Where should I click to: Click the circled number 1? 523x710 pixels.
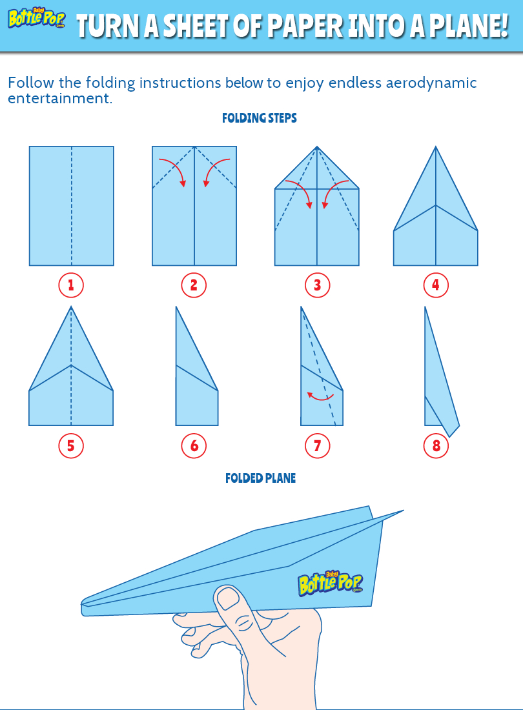(x=71, y=285)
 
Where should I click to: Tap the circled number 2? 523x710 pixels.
(x=194, y=285)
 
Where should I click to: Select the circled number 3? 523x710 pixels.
(x=316, y=285)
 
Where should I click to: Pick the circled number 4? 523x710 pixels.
(x=436, y=285)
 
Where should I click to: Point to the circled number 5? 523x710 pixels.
(x=71, y=445)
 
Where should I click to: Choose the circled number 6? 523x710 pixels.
(x=194, y=445)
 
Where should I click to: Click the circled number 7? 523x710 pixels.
(x=316, y=445)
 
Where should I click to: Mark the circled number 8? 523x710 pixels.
(x=436, y=445)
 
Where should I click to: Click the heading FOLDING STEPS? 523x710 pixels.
(x=260, y=118)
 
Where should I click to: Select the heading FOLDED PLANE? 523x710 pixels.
(x=260, y=478)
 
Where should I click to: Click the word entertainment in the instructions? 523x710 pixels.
(x=57, y=99)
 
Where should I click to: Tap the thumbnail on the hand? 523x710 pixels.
(x=228, y=599)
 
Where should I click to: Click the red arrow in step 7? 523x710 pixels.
(x=320, y=396)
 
